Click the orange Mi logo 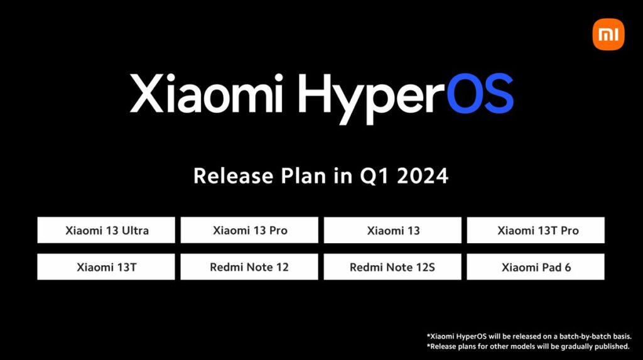click(608, 35)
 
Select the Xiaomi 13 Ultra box click(106, 231)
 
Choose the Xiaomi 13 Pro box click(250, 231)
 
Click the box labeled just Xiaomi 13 click(393, 231)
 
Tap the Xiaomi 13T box click(106, 267)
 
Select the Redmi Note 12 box click(250, 267)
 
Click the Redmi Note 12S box click(393, 267)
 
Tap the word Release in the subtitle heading click(230, 176)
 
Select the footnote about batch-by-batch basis click(533, 336)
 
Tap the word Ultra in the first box click(135, 231)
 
